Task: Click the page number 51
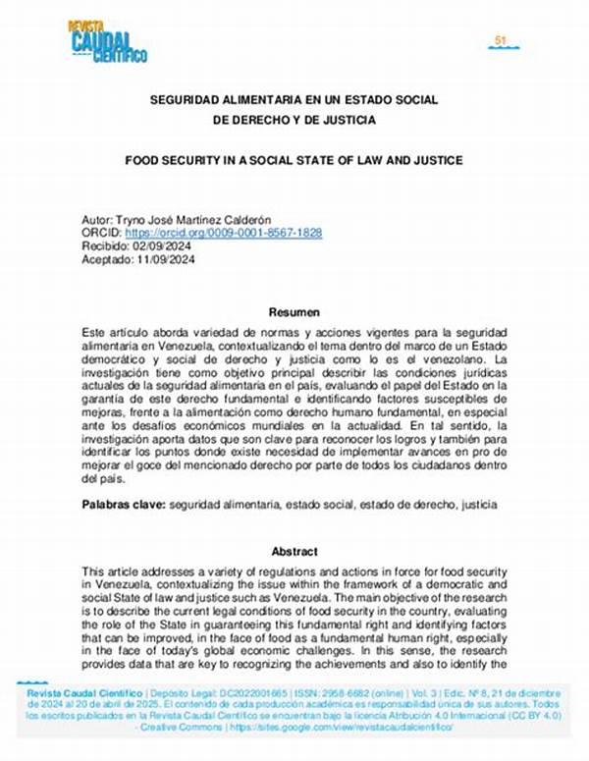499,40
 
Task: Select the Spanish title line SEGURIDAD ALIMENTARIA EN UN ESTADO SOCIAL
293,100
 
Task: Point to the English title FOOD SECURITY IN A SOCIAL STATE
293,158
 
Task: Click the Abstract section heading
294,551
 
